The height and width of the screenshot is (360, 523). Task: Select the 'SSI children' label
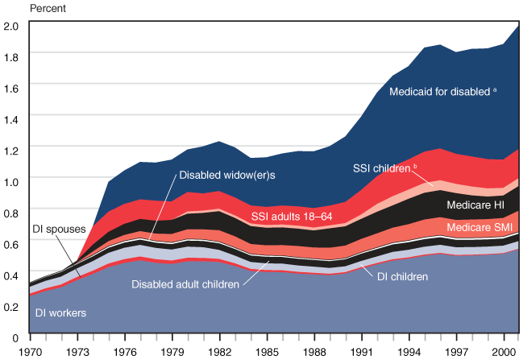point(384,168)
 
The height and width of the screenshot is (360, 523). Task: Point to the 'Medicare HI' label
point(475,205)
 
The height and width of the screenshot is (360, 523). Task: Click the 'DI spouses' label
point(59,229)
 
